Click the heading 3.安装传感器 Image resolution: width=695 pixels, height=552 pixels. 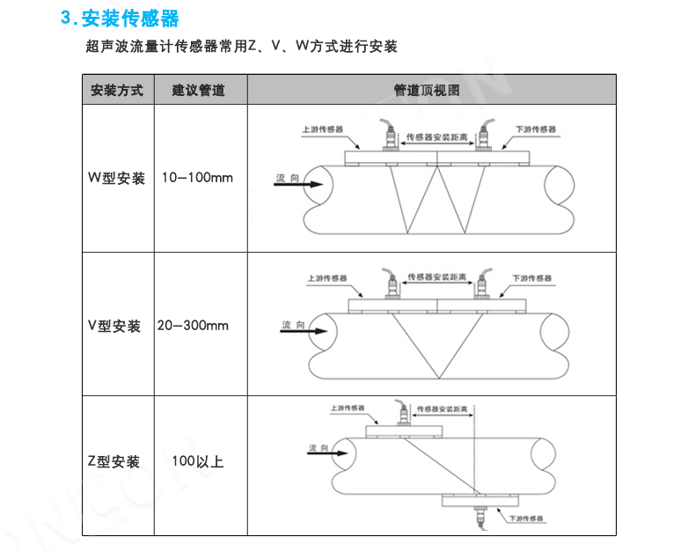[x=120, y=18]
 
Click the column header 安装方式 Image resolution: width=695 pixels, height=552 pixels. [x=117, y=91]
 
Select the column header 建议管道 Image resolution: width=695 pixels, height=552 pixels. [x=199, y=91]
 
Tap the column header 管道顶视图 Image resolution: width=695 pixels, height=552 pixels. [x=427, y=91]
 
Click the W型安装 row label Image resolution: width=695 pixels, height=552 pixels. [x=117, y=178]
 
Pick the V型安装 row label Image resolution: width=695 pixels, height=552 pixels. [x=114, y=326]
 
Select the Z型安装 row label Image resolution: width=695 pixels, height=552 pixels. [x=113, y=461]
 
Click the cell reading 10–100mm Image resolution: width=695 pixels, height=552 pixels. [x=197, y=178]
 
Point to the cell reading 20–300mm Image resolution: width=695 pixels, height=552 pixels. [x=193, y=326]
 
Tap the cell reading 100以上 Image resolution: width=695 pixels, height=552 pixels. [x=198, y=461]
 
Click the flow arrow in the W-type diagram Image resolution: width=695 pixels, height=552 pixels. [x=298, y=184]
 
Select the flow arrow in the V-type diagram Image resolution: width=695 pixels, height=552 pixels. [x=304, y=331]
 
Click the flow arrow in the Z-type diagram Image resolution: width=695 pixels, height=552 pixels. [x=327, y=453]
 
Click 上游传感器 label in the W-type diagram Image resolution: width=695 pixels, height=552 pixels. [x=323, y=129]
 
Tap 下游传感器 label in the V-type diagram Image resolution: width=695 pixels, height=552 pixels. [x=532, y=278]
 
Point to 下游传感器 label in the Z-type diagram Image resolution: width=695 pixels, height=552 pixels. [x=526, y=519]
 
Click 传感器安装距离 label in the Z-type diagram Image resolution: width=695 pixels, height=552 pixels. [x=442, y=409]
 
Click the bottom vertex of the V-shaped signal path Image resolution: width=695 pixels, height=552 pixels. [x=439, y=379]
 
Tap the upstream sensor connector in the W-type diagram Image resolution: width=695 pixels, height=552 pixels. [x=389, y=135]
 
